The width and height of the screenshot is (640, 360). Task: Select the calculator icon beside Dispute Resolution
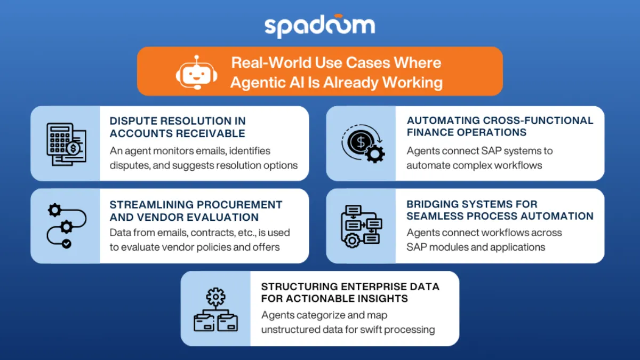65,143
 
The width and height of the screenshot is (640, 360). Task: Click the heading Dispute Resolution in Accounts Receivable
178,126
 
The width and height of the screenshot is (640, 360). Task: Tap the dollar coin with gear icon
361,143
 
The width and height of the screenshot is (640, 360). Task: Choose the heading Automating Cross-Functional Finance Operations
500,126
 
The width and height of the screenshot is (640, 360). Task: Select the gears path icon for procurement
65,226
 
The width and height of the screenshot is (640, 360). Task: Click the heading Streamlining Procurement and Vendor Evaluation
196,211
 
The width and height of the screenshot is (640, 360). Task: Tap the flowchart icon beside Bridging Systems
361,226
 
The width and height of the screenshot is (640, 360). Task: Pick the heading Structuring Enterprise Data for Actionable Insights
350,292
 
